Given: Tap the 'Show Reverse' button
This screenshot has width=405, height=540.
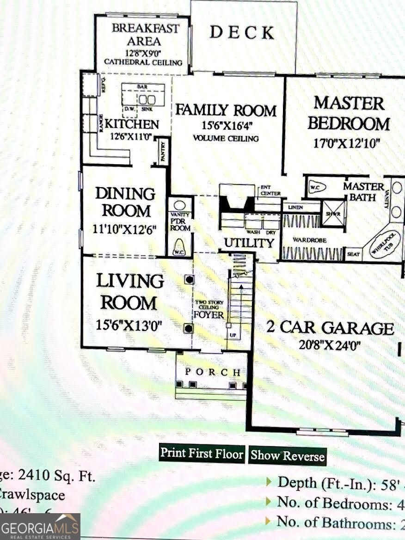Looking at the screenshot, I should [x=287, y=455].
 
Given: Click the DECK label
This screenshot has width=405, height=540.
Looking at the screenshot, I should [x=242, y=32].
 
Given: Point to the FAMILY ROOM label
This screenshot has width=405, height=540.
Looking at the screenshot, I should [x=226, y=110].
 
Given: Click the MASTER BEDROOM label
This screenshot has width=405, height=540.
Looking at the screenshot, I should [x=349, y=114].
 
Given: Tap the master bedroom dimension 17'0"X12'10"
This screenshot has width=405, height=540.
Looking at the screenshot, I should [x=346, y=143].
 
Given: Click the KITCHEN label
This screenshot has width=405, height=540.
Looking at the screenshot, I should [x=132, y=124].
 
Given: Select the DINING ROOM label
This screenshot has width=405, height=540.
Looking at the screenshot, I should [x=125, y=202].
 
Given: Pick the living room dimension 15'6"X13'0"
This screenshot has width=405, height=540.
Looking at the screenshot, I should [x=129, y=325].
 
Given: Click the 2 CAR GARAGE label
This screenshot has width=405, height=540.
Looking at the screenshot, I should [x=330, y=327].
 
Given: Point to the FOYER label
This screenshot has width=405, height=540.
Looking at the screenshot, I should [x=209, y=315].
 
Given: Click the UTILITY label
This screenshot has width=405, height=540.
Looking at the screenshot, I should [x=249, y=243].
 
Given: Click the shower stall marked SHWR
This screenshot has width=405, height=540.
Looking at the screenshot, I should [x=333, y=213].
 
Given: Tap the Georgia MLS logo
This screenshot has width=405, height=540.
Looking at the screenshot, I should [x=40, y=527].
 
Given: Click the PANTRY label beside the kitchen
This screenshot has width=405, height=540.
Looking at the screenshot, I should [x=163, y=151].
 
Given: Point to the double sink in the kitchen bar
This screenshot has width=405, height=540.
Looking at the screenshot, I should [x=147, y=100].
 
